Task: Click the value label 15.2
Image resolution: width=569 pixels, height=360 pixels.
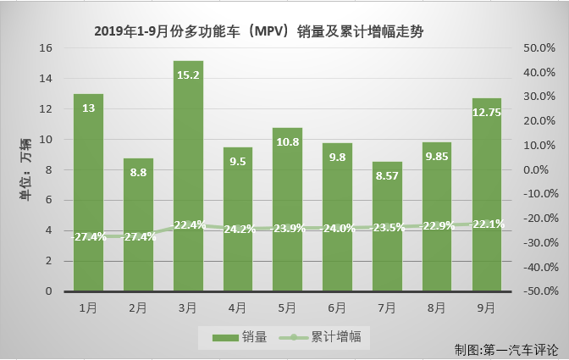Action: coord(188,75)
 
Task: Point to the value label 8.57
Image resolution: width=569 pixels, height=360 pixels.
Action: coord(388,175)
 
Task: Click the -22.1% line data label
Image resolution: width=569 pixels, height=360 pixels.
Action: coord(487,224)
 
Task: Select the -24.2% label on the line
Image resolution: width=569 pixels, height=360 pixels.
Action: coord(238,229)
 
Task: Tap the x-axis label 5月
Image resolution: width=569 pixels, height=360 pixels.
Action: coord(288,306)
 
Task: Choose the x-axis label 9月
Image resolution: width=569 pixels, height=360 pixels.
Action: coord(487,306)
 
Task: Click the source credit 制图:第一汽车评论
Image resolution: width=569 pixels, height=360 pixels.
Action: coord(505,349)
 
